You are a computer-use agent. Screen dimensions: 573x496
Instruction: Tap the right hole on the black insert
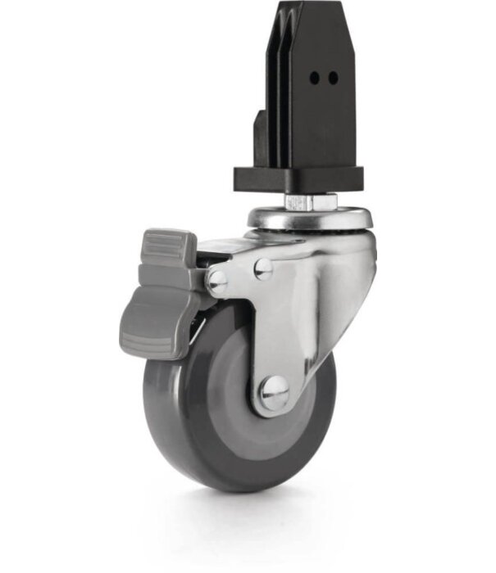332,78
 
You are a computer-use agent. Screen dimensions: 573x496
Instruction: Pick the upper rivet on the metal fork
262,268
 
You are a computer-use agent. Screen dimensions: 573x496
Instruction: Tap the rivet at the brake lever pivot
217,281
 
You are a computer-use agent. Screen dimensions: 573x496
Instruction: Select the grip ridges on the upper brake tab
168,243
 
